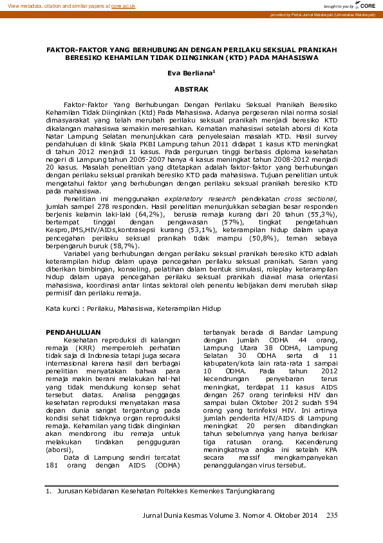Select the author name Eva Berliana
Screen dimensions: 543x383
click(x=191, y=74)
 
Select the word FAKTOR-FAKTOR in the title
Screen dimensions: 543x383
click(x=74, y=50)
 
